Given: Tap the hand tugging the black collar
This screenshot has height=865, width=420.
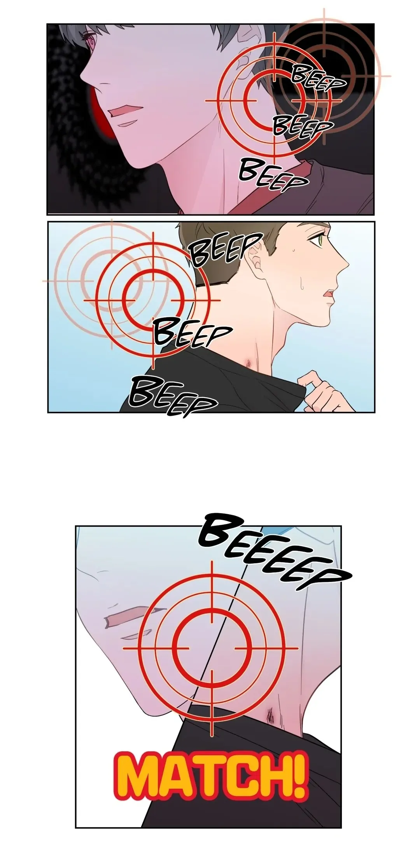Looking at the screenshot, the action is pyautogui.click(x=319, y=392).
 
